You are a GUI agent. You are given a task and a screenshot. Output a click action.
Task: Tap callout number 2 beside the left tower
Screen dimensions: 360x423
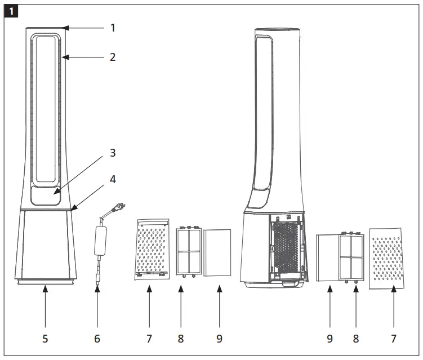112,57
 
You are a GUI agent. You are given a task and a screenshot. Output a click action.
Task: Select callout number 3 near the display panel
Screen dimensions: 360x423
112,153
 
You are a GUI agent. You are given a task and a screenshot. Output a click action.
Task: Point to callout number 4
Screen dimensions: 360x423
112,180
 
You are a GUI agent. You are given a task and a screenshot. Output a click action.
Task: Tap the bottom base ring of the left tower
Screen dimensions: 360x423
45,281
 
